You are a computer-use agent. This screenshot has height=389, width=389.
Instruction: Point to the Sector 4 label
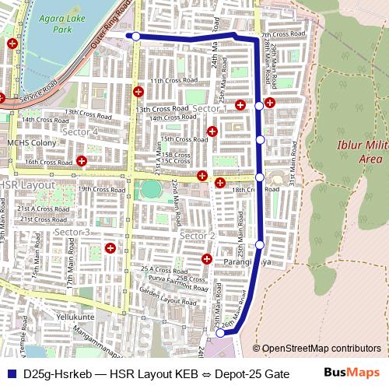[x=80, y=132]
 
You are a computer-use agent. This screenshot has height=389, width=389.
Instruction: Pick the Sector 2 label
[x=197, y=236]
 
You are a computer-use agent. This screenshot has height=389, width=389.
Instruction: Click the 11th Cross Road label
[x=170, y=81]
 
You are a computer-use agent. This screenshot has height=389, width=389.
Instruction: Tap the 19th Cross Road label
[x=101, y=189]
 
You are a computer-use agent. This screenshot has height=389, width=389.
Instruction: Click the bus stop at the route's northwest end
[x=136, y=36]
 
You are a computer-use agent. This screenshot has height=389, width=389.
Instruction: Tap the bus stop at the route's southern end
[x=220, y=333]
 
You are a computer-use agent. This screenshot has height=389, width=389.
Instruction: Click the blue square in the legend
[x=11, y=374]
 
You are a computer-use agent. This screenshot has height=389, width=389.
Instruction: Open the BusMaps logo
[x=352, y=373]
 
